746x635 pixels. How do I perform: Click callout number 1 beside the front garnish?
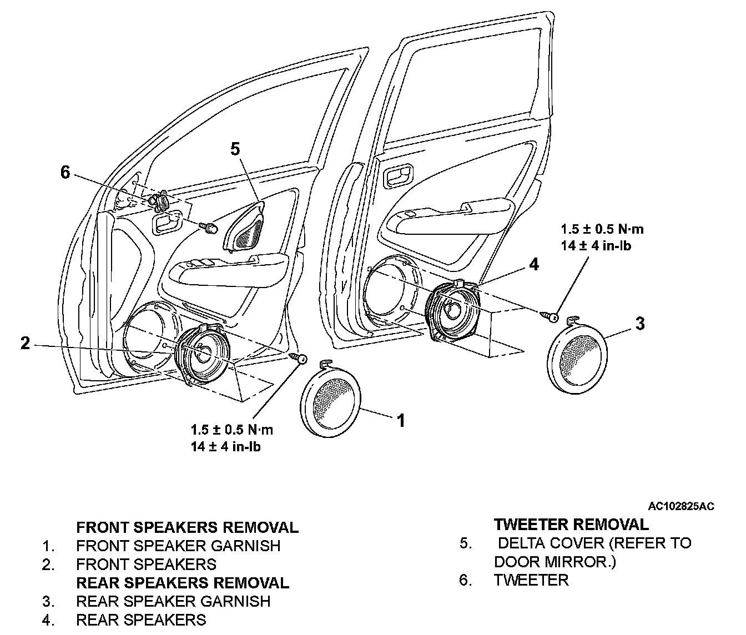pyautogui.click(x=401, y=420)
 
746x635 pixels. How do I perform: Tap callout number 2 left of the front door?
pyautogui.click(x=25, y=344)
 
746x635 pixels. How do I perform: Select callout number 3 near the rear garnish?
pyautogui.click(x=639, y=324)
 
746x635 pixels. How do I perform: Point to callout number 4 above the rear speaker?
pyautogui.click(x=533, y=264)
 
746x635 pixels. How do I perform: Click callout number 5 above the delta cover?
pyautogui.click(x=235, y=149)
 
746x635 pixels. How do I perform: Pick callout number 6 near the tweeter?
pyautogui.click(x=65, y=173)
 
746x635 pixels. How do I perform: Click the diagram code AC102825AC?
pyautogui.click(x=681, y=506)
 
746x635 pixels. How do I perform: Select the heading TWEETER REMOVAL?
pyautogui.click(x=571, y=525)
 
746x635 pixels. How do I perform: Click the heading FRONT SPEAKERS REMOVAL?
pyautogui.click(x=187, y=527)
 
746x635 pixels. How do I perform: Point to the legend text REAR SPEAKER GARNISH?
pyautogui.click(x=173, y=601)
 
